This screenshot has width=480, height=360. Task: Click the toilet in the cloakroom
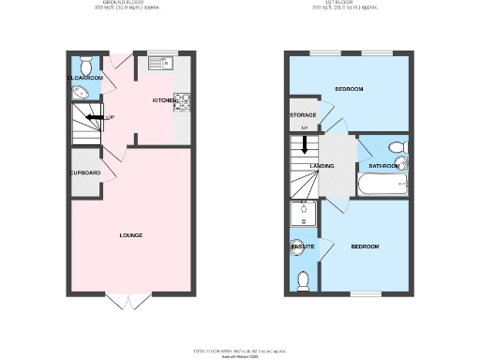[86, 66]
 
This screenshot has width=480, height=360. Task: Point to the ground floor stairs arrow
[94, 117]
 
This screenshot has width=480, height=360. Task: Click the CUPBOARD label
[85, 173]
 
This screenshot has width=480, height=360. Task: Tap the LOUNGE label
[131, 234]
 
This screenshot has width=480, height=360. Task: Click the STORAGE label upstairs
[303, 114]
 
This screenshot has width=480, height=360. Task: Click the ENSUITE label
[302, 247]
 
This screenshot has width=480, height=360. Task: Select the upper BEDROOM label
[349, 89]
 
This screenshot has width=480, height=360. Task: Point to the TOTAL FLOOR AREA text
[240, 350]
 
